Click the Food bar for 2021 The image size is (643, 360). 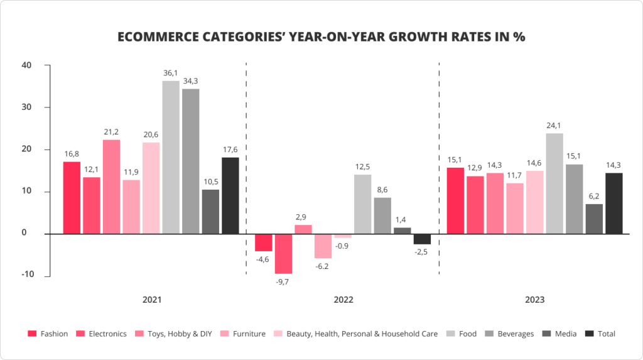[171, 157]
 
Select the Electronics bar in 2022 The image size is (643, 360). [283, 254]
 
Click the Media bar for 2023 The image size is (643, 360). [594, 219]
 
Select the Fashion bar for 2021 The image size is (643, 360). [72, 197]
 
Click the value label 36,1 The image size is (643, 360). [170, 74]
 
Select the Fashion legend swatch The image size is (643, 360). [32, 334]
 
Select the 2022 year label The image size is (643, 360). [343, 300]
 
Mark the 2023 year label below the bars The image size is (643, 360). [535, 300]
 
